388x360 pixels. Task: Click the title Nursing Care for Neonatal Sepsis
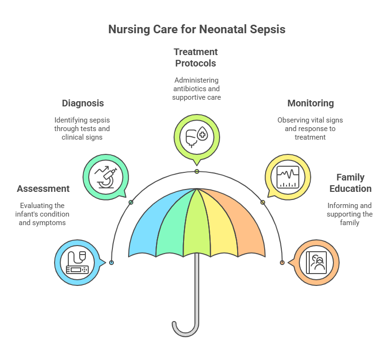(197, 29)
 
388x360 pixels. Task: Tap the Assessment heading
(43, 189)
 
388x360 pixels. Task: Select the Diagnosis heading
(83, 104)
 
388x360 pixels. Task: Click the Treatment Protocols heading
(195, 58)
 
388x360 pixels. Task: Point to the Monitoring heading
(311, 104)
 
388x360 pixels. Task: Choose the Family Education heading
(351, 183)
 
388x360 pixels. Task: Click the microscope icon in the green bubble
(106, 177)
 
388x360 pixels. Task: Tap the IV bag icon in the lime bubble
(197, 137)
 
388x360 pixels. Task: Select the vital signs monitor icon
(288, 177)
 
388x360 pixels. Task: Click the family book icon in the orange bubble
(316, 263)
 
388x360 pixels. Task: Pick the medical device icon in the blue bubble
(77, 263)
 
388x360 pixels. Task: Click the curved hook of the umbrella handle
(185, 331)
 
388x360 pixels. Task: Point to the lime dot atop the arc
(197, 171)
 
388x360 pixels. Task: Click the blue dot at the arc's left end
(111, 263)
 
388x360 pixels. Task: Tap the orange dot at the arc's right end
(282, 263)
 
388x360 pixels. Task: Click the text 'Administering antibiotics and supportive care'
(196, 89)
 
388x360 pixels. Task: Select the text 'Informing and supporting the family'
(350, 214)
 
